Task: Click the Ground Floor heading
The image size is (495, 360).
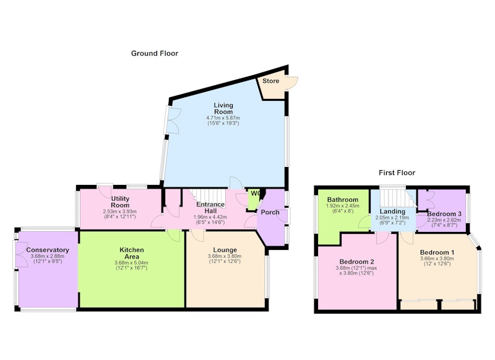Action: (155, 53)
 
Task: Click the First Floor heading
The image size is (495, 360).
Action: (397, 173)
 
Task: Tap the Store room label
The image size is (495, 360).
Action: (271, 81)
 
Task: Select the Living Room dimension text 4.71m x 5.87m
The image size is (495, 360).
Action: (223, 118)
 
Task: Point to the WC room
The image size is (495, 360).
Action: (253, 199)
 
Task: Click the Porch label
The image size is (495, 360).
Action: (270, 212)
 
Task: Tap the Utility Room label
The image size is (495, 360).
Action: (120, 202)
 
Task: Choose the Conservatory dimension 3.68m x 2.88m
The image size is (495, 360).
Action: (48, 256)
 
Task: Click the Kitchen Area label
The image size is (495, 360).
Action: (132, 253)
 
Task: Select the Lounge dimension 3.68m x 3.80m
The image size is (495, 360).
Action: (225, 256)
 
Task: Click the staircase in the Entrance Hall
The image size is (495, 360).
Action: (209, 197)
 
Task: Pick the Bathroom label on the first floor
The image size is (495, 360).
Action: (343, 199)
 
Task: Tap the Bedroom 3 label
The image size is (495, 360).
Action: (444, 213)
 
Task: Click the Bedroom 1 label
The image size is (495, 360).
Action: (437, 252)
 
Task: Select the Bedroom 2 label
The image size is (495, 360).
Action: (357, 262)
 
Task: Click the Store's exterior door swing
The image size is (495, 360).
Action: (292, 84)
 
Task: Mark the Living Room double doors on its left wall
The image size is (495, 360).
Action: (173, 120)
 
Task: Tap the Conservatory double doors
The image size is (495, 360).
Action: (21, 255)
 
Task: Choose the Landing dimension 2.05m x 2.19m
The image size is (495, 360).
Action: (392, 218)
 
